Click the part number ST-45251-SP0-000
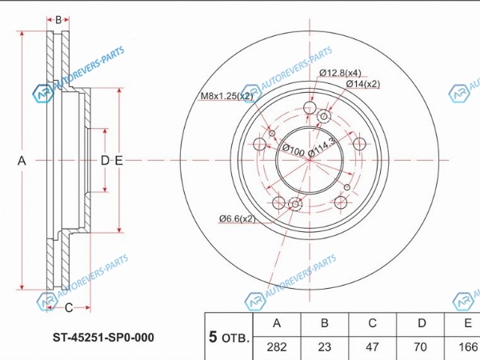103,338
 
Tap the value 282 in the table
277,347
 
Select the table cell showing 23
325,347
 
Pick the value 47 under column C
372,347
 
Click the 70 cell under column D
420,347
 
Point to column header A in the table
277,323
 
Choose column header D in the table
422,323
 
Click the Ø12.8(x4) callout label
340,73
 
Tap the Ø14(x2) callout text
363,84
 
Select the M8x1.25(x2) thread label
227,96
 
